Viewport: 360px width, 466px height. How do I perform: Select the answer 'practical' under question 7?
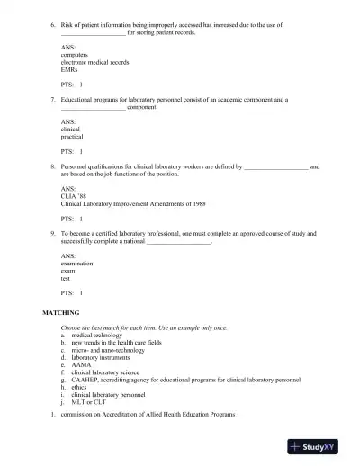point(72,137)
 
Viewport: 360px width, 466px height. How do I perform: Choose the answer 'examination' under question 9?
point(76,264)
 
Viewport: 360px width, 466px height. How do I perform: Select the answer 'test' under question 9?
point(66,278)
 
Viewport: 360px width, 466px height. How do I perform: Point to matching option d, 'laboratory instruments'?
point(101,357)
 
